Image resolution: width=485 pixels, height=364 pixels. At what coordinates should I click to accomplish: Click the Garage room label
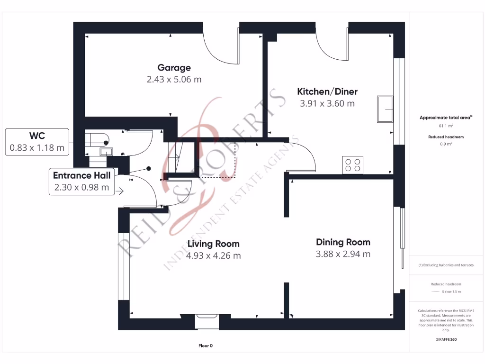174,68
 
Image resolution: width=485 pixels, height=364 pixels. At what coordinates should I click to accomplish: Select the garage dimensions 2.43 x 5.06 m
174,79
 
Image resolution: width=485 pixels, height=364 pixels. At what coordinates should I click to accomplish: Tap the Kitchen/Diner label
327,91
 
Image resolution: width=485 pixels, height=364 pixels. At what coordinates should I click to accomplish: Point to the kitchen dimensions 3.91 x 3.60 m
327,103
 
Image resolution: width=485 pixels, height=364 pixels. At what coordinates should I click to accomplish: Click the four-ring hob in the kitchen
353,165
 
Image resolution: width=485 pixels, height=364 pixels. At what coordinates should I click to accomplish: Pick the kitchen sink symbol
385,109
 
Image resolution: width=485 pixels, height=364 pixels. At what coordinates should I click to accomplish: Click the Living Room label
213,244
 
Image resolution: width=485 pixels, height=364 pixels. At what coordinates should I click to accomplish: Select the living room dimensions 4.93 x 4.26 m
213,256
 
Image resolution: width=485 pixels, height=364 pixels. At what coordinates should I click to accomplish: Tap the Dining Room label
343,242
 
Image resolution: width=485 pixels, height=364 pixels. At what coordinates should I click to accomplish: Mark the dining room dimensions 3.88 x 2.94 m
343,254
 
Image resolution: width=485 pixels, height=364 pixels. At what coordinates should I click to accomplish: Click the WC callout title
37,136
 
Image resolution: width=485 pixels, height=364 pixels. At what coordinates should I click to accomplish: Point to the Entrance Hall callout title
81,175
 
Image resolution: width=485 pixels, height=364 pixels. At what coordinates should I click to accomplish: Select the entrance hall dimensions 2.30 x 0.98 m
81,187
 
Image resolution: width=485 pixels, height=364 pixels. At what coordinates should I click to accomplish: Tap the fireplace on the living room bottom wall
207,321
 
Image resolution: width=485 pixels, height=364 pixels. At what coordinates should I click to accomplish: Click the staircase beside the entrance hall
173,156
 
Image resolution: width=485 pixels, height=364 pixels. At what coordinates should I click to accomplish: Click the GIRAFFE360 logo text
446,339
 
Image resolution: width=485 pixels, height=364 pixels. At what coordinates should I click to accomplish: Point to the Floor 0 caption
205,346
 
